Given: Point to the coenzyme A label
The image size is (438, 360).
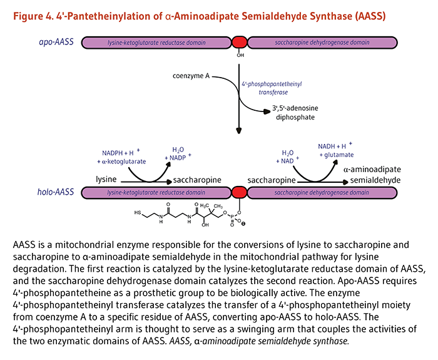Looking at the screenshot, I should click(x=191, y=76).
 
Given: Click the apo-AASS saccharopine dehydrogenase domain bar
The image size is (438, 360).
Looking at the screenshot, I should click(x=313, y=43).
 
